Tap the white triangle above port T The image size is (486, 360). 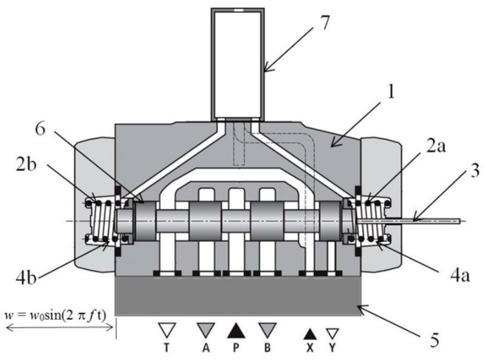pyautogui.click(x=168, y=331)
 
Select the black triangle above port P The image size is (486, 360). pyautogui.click(x=237, y=331)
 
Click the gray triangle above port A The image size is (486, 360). pyautogui.click(x=204, y=331)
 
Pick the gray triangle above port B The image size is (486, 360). pyautogui.click(x=267, y=331)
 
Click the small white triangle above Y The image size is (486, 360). pyautogui.click(x=332, y=334)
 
